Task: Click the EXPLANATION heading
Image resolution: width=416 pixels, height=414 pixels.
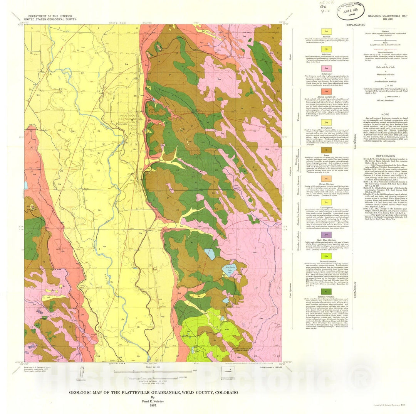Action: point(356,24)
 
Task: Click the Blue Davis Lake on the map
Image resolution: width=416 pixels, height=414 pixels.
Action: point(226,269)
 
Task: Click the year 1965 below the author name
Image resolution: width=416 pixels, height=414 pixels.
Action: point(153,406)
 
